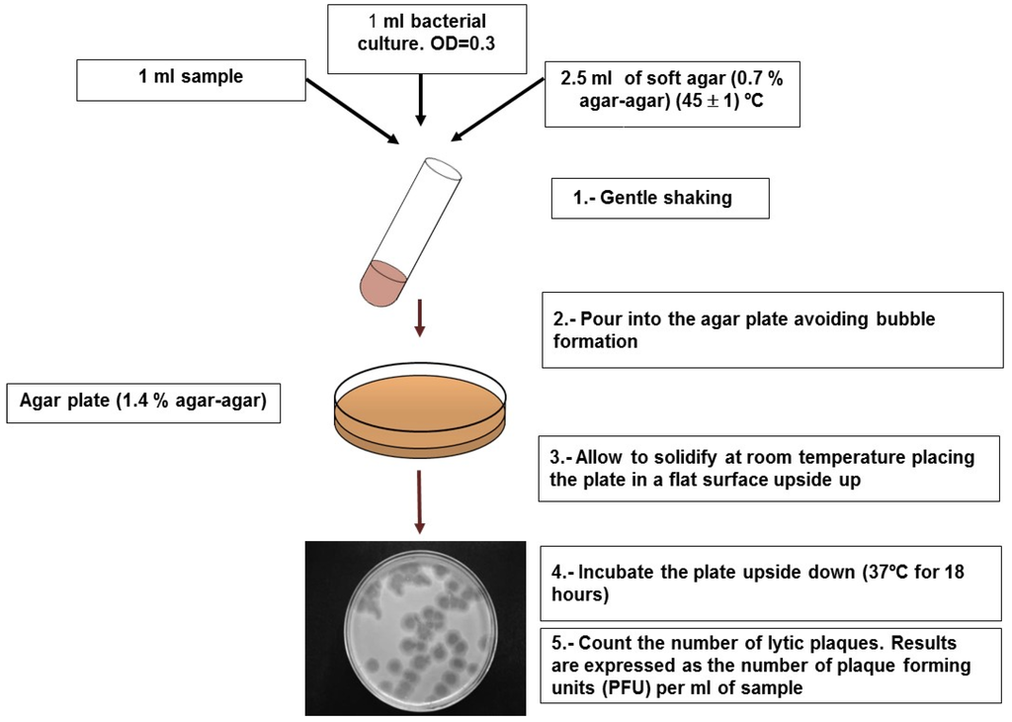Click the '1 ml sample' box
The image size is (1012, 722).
(x=191, y=77)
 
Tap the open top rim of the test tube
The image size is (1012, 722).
(x=444, y=168)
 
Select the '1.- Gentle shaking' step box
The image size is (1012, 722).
(x=659, y=198)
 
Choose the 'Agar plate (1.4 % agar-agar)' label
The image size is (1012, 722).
(x=143, y=402)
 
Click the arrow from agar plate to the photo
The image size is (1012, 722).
(x=420, y=502)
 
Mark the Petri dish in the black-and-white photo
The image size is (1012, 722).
(x=419, y=628)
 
